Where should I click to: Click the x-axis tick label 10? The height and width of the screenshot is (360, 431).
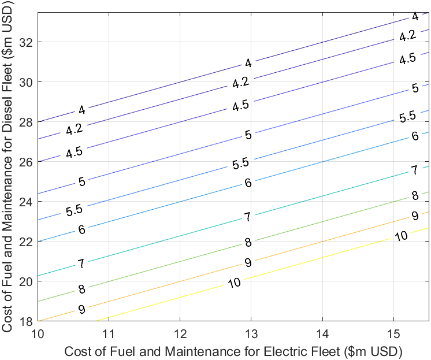point(38,334)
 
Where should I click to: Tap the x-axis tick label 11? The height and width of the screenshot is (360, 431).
point(109,334)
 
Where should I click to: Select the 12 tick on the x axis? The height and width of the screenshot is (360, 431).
point(180,334)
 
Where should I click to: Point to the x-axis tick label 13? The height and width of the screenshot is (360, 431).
point(251,334)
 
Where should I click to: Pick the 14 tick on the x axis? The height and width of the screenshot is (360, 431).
point(322,334)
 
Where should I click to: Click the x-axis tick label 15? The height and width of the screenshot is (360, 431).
point(393,334)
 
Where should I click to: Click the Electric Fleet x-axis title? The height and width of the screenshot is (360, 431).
point(233,351)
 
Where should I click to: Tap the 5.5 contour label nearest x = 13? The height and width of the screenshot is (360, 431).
point(240,164)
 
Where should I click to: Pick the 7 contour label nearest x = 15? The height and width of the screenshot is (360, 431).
point(414,170)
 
